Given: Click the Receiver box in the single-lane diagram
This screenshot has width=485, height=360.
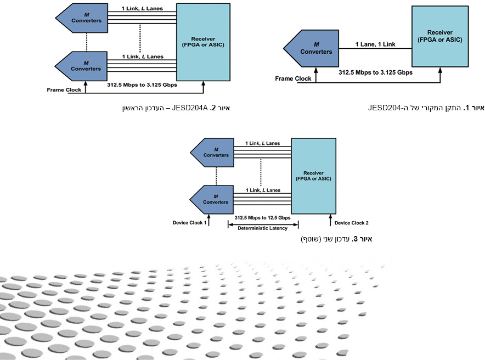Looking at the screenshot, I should pyautogui.click(x=440, y=36).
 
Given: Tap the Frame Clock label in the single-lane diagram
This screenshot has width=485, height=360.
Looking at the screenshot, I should pyautogui.click(x=293, y=78).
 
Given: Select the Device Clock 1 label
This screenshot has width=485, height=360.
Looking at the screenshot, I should pyautogui.click(x=190, y=223).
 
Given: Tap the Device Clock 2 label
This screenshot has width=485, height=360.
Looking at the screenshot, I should pyautogui.click(x=351, y=223).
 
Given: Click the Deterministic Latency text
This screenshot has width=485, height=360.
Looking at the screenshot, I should pyautogui.click(x=263, y=228).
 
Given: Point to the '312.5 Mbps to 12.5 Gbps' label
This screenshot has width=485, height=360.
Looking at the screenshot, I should pyautogui.click(x=263, y=218).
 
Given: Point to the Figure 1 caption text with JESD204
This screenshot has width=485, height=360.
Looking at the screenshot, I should pyautogui.click(x=426, y=108).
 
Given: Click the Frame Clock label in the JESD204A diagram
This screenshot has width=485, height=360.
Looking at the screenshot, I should pyautogui.click(x=64, y=90).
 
